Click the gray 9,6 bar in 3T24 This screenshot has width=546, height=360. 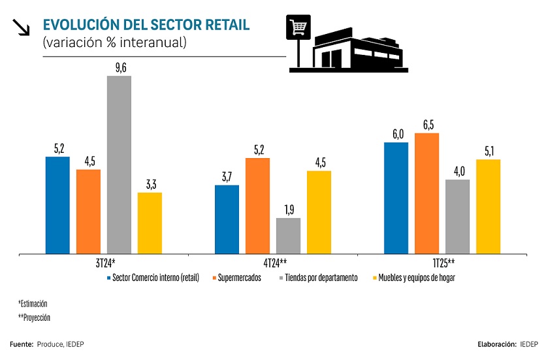click(119, 165)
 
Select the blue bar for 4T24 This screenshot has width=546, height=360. click(227, 219)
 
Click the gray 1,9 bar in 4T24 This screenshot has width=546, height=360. click(288, 235)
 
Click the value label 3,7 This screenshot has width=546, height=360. click(227, 177)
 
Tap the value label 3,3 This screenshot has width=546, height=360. click(150, 184)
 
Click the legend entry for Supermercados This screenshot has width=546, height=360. click(236, 278)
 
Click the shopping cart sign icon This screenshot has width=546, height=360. click(298, 28)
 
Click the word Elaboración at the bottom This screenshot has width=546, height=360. click(496, 344)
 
